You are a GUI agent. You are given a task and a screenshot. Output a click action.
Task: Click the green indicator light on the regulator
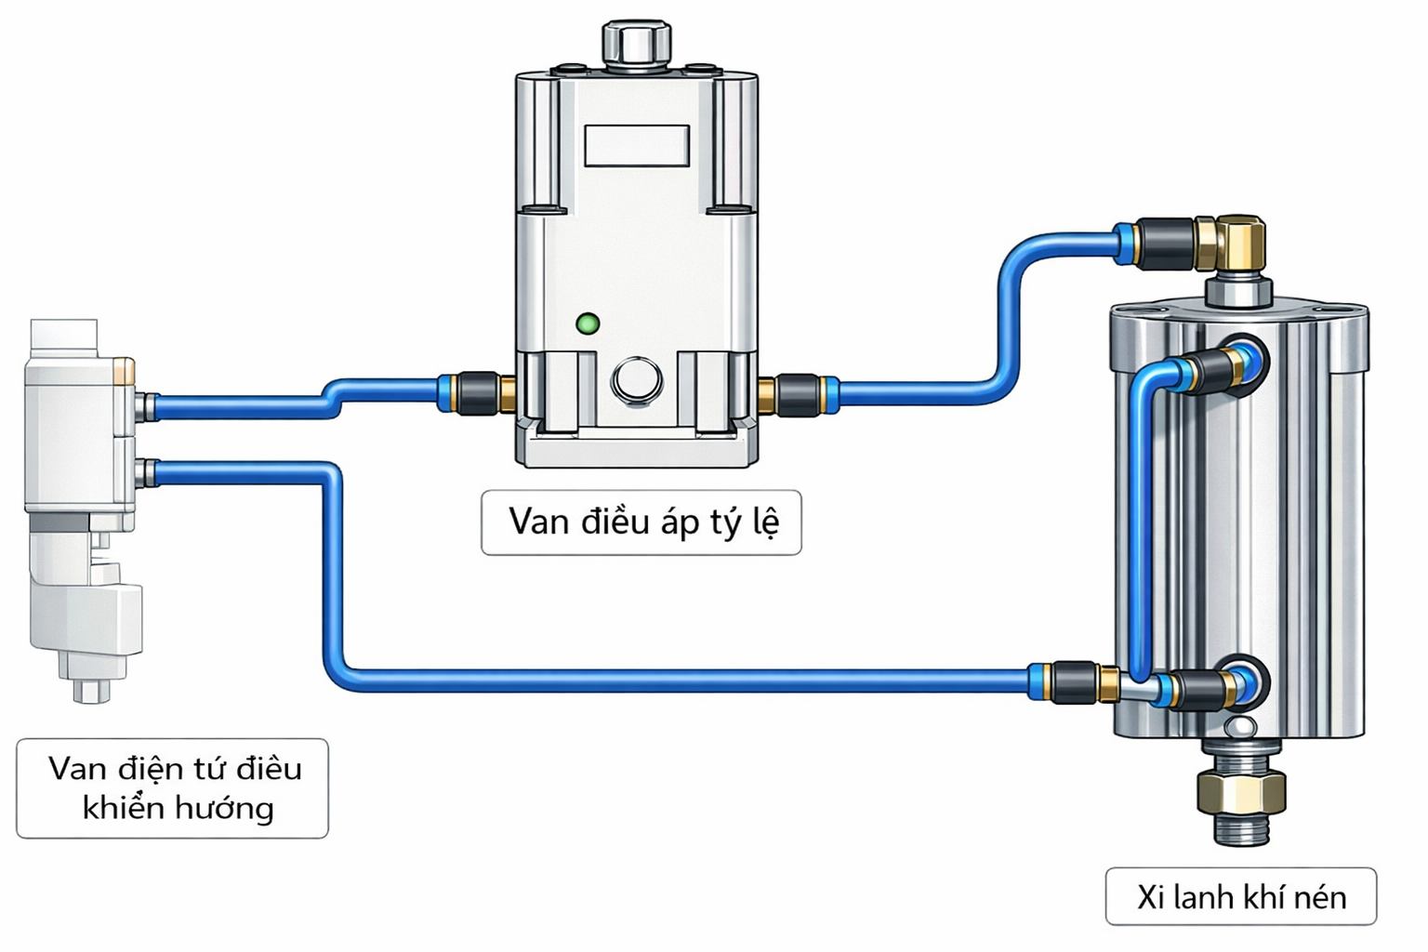point(588,324)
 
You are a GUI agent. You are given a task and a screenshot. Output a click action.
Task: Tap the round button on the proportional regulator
point(637,380)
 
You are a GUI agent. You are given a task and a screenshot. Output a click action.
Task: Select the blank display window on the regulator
point(637,146)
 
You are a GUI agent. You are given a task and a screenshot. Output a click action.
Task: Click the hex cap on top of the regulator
point(637,42)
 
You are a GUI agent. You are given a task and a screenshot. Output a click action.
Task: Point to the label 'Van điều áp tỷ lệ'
point(641,522)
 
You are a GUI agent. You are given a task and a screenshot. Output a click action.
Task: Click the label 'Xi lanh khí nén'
point(1241,897)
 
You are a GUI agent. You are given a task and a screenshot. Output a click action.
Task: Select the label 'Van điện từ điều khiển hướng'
point(173,788)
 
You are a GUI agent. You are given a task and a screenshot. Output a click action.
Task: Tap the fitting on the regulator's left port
point(476,393)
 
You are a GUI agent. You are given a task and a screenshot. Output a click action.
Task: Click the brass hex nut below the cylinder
point(1241,792)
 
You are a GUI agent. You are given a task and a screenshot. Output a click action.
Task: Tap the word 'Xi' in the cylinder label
point(1150,897)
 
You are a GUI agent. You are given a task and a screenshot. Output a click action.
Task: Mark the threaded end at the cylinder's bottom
point(1241,829)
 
